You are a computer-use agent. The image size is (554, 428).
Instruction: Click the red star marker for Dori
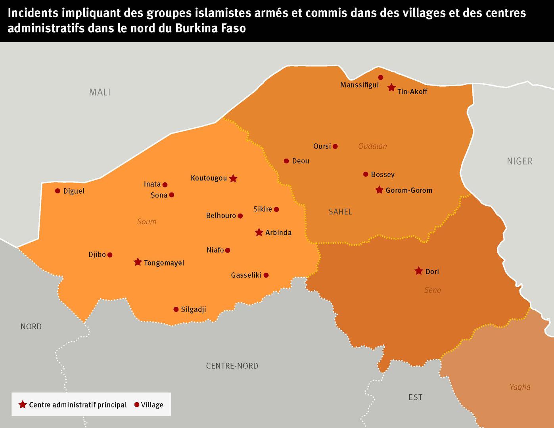coord(418,271)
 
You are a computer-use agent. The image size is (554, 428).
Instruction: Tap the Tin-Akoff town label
coord(412,92)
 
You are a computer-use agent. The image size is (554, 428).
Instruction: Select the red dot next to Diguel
coord(58,191)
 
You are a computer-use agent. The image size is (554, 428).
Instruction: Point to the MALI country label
coord(100,92)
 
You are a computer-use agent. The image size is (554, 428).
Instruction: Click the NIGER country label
coord(519,161)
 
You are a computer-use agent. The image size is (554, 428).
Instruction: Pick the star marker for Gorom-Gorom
coord(379,190)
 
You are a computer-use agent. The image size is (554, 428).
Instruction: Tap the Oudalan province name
coord(372,146)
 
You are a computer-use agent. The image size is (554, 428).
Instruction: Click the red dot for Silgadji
coord(176,309)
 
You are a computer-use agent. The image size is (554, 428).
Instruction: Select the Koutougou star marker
coord(233,178)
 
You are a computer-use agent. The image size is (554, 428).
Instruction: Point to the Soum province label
coord(146,222)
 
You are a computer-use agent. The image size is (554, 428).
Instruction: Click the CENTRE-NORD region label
coord(232,366)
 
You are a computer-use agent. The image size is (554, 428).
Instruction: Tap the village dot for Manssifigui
coord(381,77)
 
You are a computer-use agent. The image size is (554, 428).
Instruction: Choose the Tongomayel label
coord(164,263)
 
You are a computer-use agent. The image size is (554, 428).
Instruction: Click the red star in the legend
coord(23,405)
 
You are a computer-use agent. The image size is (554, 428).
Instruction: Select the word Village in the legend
coord(152,405)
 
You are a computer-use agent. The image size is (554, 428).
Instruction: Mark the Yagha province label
coord(519,387)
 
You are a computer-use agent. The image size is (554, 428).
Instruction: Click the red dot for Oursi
coord(335,146)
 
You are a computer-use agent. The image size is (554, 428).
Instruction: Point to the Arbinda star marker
coord(259,232)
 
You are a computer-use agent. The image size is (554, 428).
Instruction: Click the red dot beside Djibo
coord(110,255)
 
